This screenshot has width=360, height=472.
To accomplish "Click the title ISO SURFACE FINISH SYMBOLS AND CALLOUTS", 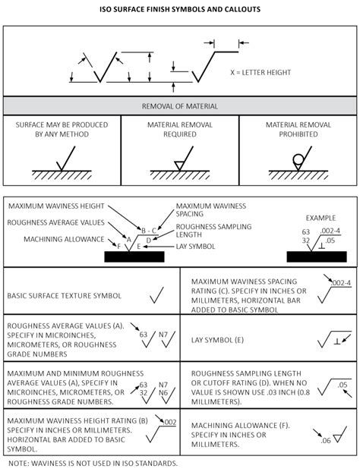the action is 180,10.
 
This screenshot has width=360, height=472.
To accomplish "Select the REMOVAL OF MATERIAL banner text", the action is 180,106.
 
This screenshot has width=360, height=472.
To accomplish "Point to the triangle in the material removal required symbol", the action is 179,164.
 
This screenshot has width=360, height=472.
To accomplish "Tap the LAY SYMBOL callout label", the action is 196,247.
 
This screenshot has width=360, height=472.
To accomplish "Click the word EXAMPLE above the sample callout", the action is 315,218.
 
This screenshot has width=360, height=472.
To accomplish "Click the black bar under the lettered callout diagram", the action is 134,257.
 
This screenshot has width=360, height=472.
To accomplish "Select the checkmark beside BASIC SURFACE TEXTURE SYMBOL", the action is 158,291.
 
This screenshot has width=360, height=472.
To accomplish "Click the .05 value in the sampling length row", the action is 343,385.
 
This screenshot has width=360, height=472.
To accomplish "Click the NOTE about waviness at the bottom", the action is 93,462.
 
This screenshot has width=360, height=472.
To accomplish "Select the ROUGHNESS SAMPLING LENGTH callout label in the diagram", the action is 207,231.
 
